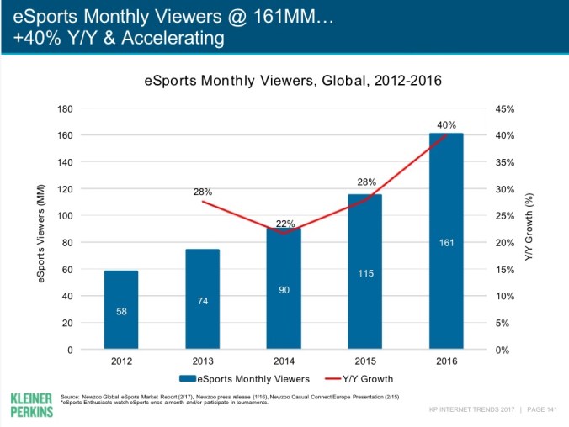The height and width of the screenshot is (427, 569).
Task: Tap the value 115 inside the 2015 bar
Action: tap(364, 273)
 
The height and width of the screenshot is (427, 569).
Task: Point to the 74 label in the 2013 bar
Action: tap(202, 300)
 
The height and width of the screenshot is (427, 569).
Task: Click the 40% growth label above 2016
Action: tap(446, 124)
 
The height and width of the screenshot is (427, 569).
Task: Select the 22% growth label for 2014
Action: tap(285, 224)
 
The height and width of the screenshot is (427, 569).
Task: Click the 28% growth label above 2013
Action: tap(203, 192)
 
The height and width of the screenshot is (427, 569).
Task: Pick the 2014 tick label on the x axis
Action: tap(284, 361)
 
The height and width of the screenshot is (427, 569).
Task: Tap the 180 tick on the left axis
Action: tap(88, 108)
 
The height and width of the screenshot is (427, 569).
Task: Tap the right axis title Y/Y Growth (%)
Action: tap(530, 229)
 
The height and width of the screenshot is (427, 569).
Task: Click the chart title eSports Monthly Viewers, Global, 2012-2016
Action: tap(293, 82)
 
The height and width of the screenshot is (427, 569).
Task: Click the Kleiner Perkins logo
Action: tap(31, 404)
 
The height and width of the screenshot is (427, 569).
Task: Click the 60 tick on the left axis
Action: tap(91, 269)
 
